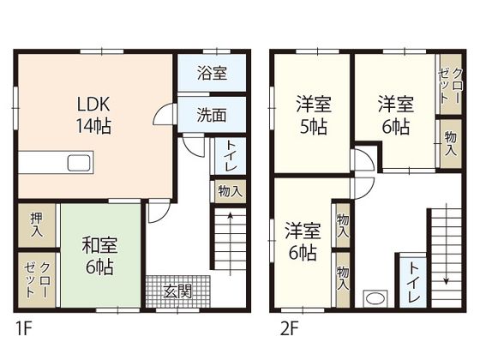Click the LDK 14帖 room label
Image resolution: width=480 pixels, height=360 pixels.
pyautogui.click(x=93, y=115)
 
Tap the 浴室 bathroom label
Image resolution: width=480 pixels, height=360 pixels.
pyautogui.click(x=212, y=73)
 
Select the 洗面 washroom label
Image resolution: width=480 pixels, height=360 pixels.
pyautogui.click(x=212, y=115)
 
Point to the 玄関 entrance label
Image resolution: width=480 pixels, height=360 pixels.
pyautogui.click(x=177, y=291)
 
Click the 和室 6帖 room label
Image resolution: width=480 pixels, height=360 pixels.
pyautogui.click(x=99, y=255)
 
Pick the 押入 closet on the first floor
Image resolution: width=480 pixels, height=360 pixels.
pyautogui.click(x=37, y=225)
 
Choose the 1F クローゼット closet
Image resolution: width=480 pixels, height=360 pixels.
pyautogui.click(x=37, y=279)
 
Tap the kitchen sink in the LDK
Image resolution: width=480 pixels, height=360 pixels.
pyautogui.click(x=79, y=163)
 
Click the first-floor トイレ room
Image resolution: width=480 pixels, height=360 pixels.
pyautogui.click(x=231, y=156)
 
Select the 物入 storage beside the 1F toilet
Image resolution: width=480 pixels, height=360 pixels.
pyautogui.click(x=231, y=192)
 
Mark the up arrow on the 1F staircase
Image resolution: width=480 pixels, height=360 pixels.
pyautogui.click(x=231, y=244)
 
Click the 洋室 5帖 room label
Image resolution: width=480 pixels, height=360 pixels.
pyautogui.click(x=314, y=115)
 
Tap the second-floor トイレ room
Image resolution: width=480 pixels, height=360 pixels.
pyautogui.click(x=413, y=282)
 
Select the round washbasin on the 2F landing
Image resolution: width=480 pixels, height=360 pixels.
pyautogui.click(x=375, y=298)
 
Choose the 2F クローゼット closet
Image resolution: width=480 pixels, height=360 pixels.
pyautogui.click(x=451, y=84)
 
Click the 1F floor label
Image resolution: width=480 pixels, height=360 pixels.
pyautogui.click(x=24, y=329)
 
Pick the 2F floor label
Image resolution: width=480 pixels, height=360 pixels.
pyautogui.click(x=290, y=329)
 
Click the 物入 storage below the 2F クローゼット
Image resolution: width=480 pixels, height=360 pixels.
pyautogui.click(x=451, y=143)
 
